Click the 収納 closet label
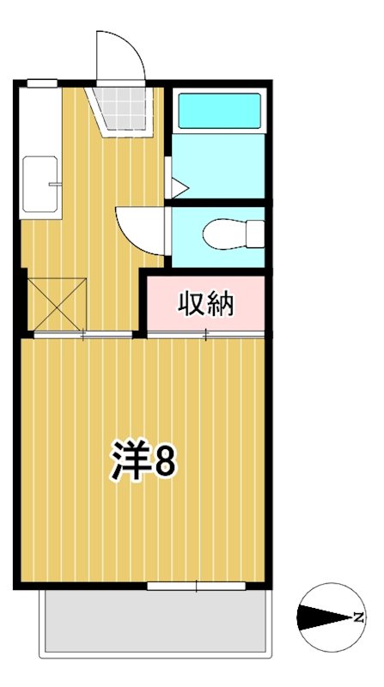[206, 303]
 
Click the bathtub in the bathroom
[219, 111]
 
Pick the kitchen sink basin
[38, 184]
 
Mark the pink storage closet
[206, 303]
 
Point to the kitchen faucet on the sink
[56, 184]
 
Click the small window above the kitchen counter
[42, 82]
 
